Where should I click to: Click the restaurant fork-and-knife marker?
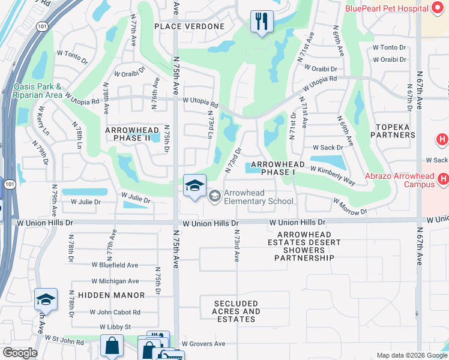[x=261, y=22]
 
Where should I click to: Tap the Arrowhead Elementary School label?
[x=258, y=197]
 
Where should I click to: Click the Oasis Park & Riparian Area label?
[x=37, y=91]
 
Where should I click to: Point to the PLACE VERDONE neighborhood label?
[x=189, y=26]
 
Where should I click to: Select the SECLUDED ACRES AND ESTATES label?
[x=236, y=311]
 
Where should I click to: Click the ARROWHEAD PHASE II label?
[x=127, y=134]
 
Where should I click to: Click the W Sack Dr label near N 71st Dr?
[x=327, y=147]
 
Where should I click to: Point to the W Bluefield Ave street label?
[x=115, y=265]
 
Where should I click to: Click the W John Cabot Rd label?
[x=115, y=312]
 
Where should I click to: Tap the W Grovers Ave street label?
[x=203, y=344]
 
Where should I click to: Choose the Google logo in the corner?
[x=20, y=352]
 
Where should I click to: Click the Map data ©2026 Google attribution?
[x=411, y=355]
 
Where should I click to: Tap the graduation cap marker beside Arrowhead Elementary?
[x=194, y=187]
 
